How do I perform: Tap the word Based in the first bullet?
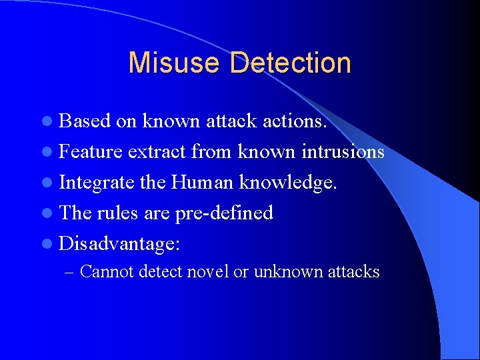[x=85, y=121]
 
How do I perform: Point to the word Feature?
[x=91, y=151]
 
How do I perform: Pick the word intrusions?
[x=341, y=151]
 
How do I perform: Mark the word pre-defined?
[x=224, y=213]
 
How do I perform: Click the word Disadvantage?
[x=117, y=243]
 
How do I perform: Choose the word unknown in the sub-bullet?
[x=283, y=271]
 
